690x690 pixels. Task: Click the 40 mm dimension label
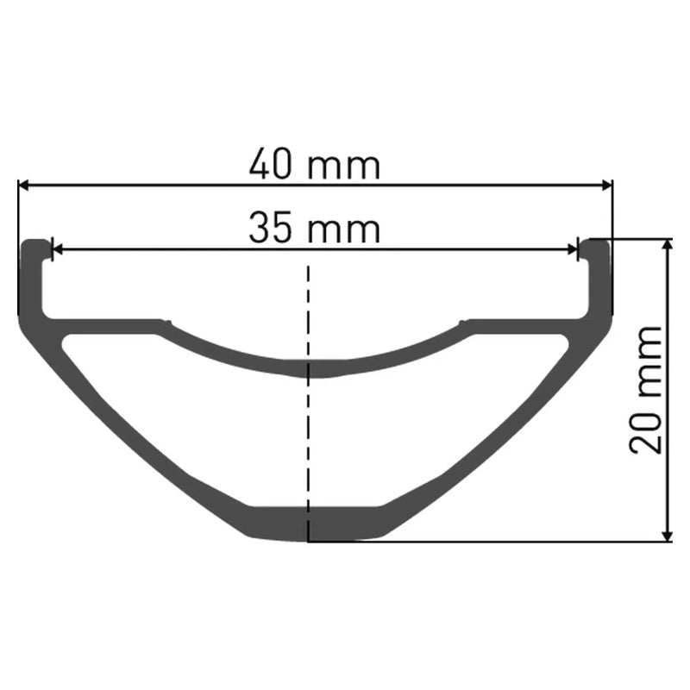coord(314,164)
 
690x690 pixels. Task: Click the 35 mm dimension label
coord(314,229)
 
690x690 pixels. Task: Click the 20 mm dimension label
coord(646,389)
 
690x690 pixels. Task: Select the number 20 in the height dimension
coord(646,430)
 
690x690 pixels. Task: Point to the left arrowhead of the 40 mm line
coord(23,184)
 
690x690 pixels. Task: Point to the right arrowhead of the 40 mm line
coord(606,184)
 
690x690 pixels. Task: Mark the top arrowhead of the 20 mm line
coord(668,245)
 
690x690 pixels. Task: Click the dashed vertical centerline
coord(309,431)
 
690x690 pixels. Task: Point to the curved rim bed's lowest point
coord(310,368)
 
